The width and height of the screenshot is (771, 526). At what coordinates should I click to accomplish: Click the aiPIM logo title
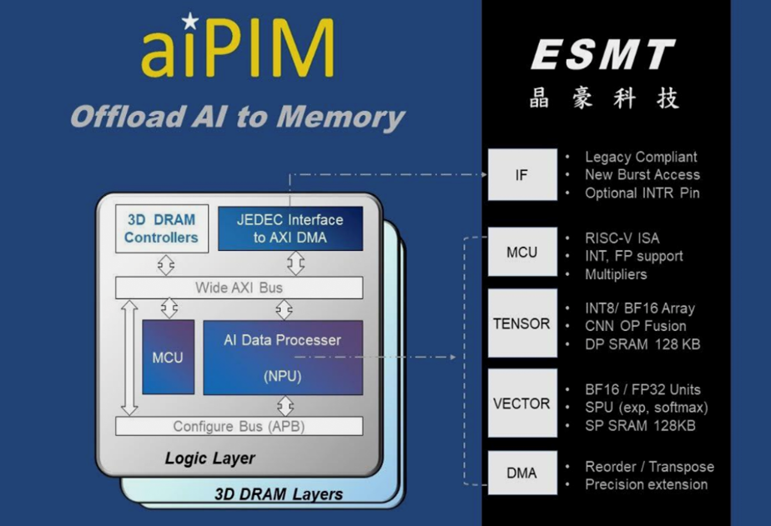pyautogui.click(x=238, y=48)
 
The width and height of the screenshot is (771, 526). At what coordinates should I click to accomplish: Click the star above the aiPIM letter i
pyautogui.click(x=190, y=21)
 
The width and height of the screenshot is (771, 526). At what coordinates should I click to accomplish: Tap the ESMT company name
pyautogui.click(x=603, y=55)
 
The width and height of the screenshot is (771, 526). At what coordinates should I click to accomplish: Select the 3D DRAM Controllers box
pyautogui.click(x=162, y=228)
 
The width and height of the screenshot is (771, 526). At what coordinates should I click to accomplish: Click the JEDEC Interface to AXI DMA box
pyautogui.click(x=290, y=228)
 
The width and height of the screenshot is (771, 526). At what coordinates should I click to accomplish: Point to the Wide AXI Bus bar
pyautogui.click(x=239, y=288)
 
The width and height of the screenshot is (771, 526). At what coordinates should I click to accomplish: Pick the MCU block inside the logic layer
pyautogui.click(x=169, y=357)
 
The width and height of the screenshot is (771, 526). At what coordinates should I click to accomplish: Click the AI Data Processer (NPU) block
pyautogui.click(x=283, y=358)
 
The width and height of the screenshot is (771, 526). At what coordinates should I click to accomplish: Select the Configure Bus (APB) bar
pyautogui.click(x=239, y=426)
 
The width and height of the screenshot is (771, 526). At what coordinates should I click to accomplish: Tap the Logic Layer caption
pyautogui.click(x=210, y=458)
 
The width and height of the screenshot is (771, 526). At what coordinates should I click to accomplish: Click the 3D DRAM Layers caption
pyautogui.click(x=279, y=493)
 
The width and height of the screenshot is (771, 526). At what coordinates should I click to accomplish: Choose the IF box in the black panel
pyautogui.click(x=522, y=174)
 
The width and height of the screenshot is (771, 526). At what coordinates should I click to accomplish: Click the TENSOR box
pyautogui.click(x=522, y=323)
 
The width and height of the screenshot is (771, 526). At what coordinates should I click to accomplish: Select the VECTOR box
pyautogui.click(x=522, y=403)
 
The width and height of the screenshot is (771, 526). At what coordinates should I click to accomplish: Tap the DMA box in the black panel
pyautogui.click(x=522, y=473)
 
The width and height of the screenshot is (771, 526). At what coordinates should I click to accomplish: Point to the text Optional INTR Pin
pyautogui.click(x=642, y=193)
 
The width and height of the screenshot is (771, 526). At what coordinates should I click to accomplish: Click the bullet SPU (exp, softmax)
pyautogui.click(x=646, y=408)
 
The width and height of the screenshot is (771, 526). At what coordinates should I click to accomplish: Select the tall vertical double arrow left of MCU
pyautogui.click(x=129, y=358)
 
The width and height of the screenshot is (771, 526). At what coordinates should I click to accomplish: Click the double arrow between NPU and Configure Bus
pyautogui.click(x=285, y=406)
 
